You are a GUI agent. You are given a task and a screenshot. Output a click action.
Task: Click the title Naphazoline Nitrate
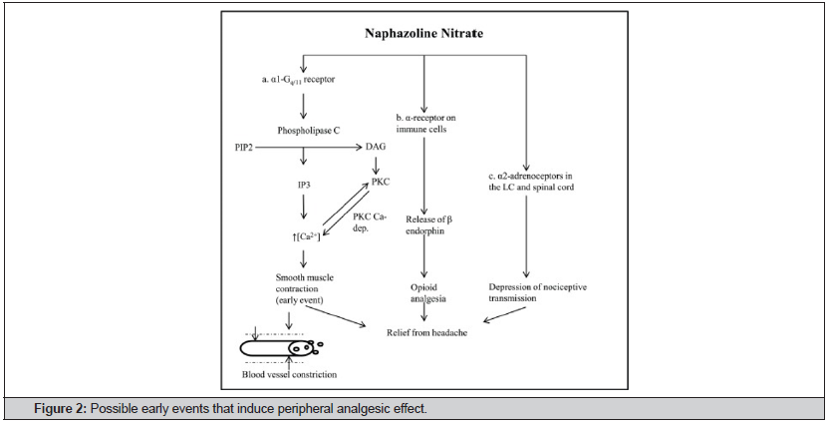click(423, 33)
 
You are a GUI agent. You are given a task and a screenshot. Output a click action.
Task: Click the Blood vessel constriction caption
click(288, 374)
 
